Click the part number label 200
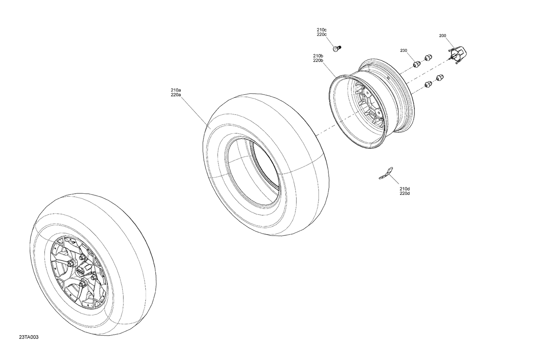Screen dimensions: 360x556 tap(442, 36)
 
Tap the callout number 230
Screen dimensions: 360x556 tap(404, 50)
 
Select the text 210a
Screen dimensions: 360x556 tap(176, 90)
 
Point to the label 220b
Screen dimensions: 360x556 tap(318, 60)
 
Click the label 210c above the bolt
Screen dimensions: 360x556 tap(321, 30)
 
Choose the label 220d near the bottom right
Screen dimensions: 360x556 tap(405, 193)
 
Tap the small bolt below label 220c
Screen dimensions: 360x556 tap(337, 49)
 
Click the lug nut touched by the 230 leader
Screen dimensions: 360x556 tap(416, 64)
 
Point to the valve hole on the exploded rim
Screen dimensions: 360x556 tap(387, 78)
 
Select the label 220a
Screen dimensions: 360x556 tap(176, 95)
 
